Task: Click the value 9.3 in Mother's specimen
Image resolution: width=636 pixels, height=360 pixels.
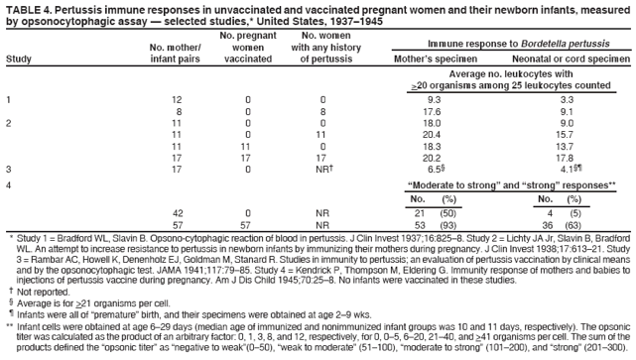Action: [x=434, y=100]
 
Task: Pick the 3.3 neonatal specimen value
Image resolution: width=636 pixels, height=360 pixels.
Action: [x=567, y=100]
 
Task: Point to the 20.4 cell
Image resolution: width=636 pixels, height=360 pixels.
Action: [x=434, y=133]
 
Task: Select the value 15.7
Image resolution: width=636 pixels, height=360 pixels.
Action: [x=567, y=133]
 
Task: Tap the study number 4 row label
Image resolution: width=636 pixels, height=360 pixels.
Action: [x=8, y=184]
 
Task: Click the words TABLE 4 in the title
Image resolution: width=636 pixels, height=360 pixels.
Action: [x=29, y=7]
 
